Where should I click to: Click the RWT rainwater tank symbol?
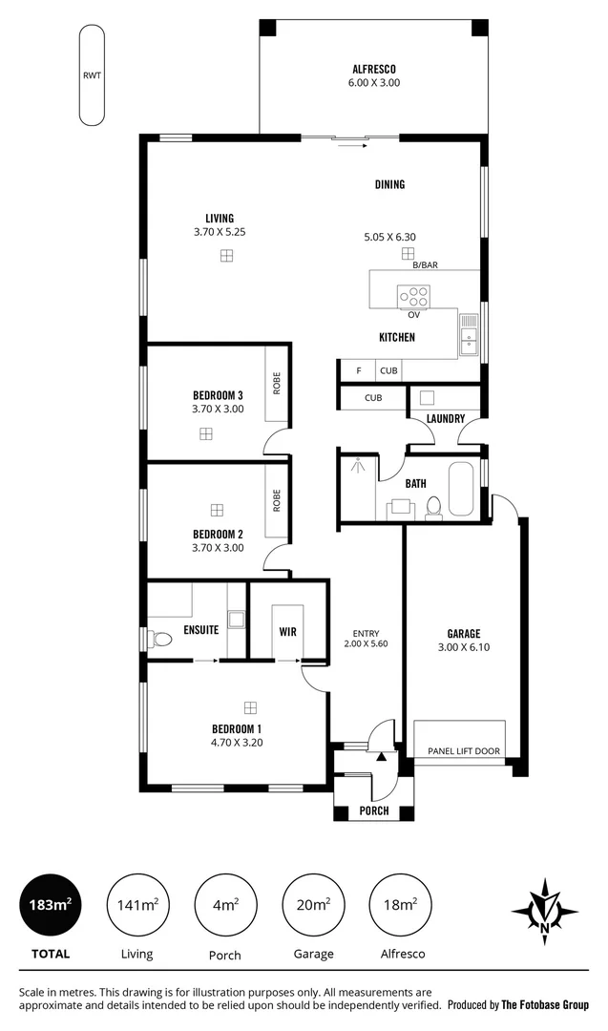click(92, 74)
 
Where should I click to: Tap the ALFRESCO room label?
click(374, 69)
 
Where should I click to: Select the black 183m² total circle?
click(50, 905)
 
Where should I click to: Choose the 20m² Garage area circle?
click(313, 905)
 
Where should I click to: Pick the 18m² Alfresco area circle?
click(401, 905)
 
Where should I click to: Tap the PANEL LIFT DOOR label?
click(464, 751)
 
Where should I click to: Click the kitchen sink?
click(469, 335)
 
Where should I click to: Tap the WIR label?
click(288, 632)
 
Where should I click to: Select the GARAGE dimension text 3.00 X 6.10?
click(464, 648)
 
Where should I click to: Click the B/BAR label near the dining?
click(425, 265)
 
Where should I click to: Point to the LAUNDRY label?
click(446, 418)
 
